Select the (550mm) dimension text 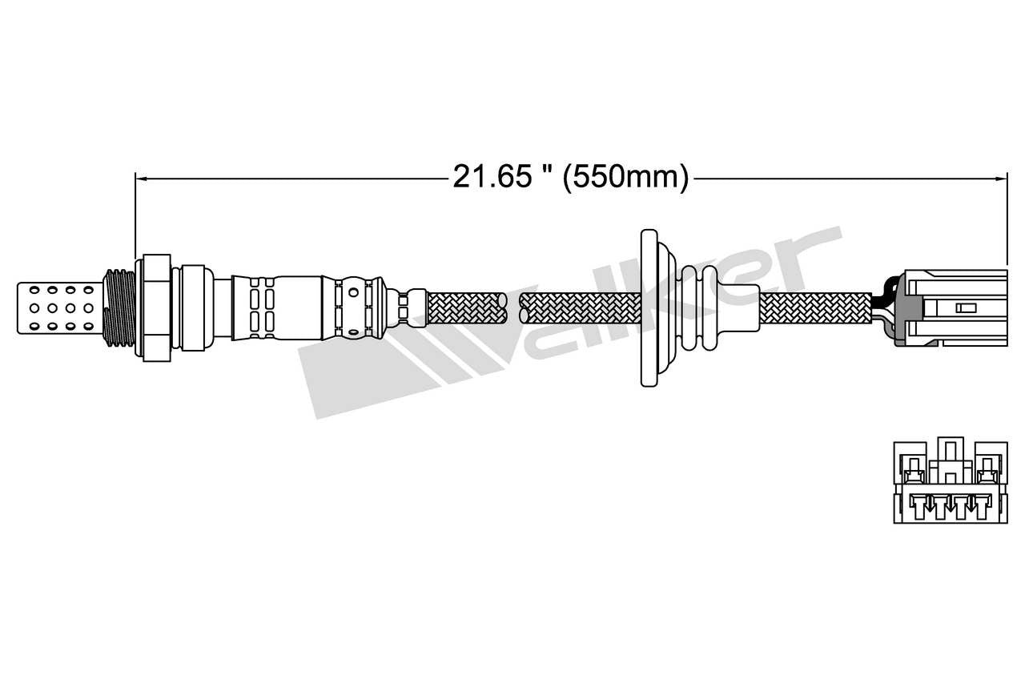tap(625, 177)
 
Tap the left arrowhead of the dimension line tap(139, 178)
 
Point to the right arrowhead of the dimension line tap(1002, 178)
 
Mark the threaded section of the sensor tap(119, 307)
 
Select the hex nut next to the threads tap(157, 307)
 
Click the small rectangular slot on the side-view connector tap(966, 307)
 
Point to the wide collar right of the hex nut tap(192, 307)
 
